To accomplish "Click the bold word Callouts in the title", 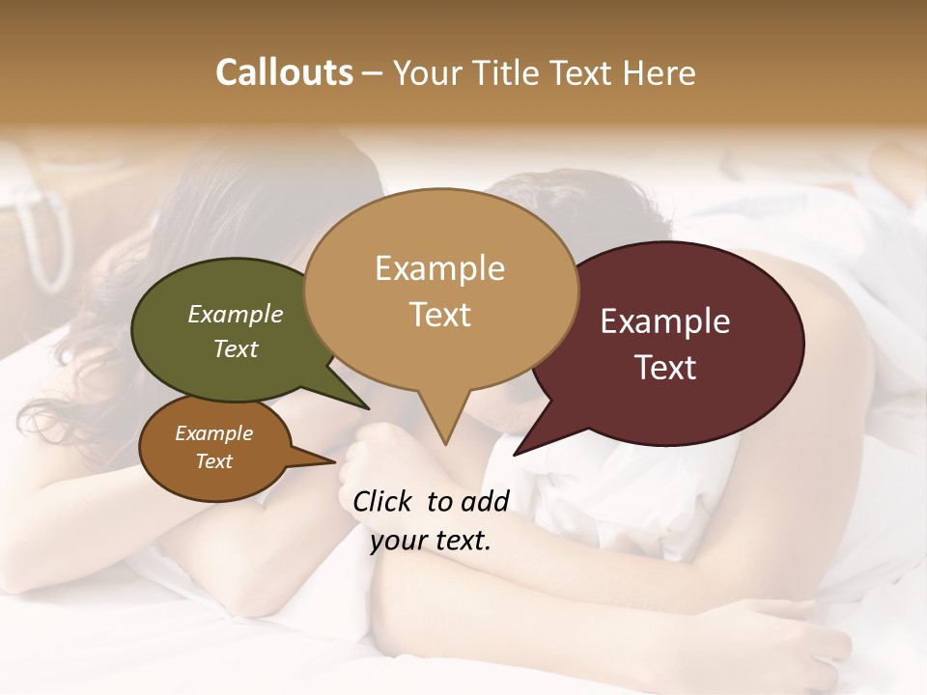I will (x=284, y=72).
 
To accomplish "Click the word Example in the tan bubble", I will (x=439, y=268).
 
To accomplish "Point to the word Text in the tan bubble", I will (x=439, y=315).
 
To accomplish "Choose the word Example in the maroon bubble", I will (x=665, y=321).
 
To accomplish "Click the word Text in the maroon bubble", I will (x=665, y=368).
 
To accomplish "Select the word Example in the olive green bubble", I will (x=236, y=315).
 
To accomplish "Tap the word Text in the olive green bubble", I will (x=236, y=348).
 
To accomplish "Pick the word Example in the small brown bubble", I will (x=213, y=433).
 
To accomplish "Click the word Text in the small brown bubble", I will (x=213, y=461).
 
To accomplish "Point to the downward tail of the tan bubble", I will (x=444, y=425).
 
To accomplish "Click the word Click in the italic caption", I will (x=384, y=501).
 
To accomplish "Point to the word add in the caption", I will (x=485, y=501).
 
